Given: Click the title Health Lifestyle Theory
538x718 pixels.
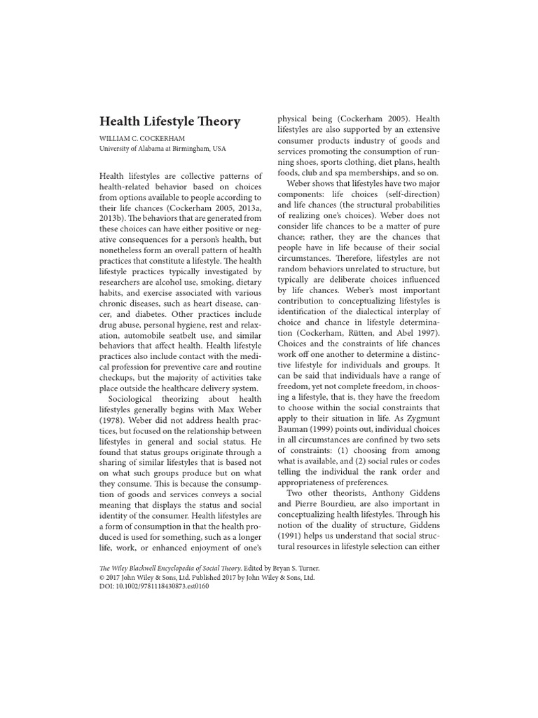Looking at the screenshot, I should pos(170,121).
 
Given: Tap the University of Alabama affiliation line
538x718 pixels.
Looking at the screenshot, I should pos(162,149).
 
